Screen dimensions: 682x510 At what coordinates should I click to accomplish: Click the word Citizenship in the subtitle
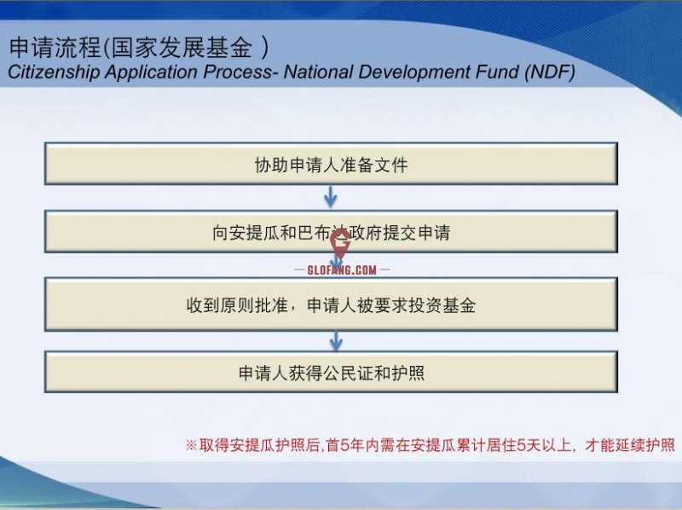(x=54, y=72)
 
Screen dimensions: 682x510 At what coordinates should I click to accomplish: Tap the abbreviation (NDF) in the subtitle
(x=550, y=72)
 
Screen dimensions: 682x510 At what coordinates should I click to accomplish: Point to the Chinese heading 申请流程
(x=55, y=47)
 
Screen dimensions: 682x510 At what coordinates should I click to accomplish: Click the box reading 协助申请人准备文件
(x=331, y=164)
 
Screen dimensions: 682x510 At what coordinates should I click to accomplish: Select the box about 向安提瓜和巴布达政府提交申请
(x=331, y=231)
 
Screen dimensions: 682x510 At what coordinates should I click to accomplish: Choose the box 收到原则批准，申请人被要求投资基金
(x=331, y=304)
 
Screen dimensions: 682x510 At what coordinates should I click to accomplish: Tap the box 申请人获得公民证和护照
(x=331, y=372)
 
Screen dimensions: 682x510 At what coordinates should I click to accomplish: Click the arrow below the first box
(x=331, y=197)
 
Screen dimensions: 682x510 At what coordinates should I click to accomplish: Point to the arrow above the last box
(x=335, y=341)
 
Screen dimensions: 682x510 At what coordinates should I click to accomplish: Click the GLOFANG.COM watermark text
(x=342, y=269)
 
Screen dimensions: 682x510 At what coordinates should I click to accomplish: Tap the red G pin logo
(x=340, y=245)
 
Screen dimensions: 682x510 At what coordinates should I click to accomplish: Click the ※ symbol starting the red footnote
(x=191, y=445)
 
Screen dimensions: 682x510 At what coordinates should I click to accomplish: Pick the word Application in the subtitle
(x=152, y=72)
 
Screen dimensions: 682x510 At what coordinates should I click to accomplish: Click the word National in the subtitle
(x=318, y=72)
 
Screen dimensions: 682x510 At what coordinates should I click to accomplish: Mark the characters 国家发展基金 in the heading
(x=182, y=47)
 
